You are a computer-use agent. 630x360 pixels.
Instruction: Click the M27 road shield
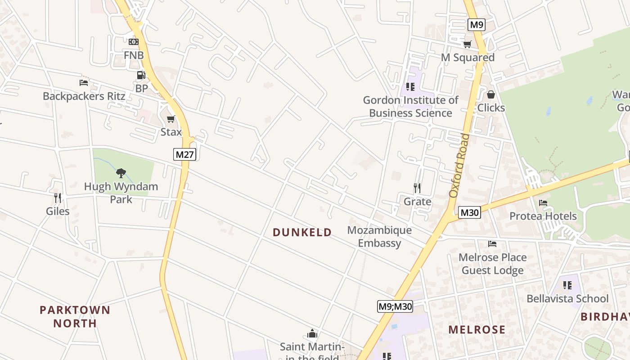(185, 155)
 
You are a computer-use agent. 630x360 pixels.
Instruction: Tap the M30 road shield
(470, 212)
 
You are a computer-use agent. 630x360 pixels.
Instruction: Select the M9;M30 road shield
(395, 307)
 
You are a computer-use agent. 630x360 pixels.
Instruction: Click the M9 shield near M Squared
(476, 25)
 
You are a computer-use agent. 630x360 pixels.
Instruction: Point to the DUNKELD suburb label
(302, 232)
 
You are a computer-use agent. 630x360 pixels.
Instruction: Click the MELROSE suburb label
(477, 329)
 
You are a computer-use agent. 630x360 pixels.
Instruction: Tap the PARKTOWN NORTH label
(75, 316)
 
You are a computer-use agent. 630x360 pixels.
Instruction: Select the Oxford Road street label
(459, 165)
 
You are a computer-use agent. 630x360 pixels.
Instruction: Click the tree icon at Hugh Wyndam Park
(121, 173)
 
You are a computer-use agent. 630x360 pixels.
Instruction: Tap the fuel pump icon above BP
(141, 75)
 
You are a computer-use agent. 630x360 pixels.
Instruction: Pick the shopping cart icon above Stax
(171, 119)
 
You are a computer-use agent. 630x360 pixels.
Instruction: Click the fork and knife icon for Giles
(58, 198)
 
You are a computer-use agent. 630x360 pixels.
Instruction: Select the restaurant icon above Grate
(417, 188)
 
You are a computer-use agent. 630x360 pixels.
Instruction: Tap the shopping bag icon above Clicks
(490, 94)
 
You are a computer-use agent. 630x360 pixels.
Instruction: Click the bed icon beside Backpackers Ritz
(84, 82)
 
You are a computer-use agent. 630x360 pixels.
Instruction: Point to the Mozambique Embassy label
(379, 237)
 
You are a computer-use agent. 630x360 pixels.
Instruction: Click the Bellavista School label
(567, 298)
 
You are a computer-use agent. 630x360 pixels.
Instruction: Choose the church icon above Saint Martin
(312, 333)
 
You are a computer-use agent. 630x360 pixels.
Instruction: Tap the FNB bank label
(134, 55)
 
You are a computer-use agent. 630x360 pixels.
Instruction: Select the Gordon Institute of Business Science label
(410, 106)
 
